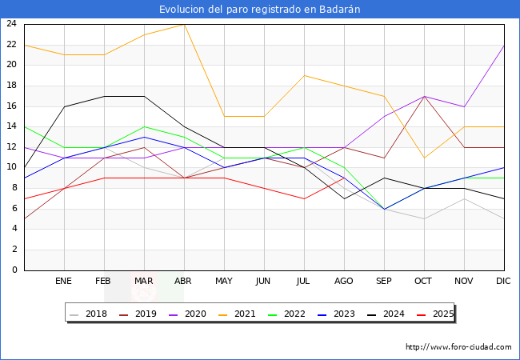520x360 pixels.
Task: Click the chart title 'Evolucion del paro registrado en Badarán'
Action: click(x=260, y=9)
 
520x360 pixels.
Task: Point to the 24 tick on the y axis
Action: click(x=12, y=24)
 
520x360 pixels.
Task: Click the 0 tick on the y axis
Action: click(x=14, y=270)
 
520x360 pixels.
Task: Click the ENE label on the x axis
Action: click(x=64, y=282)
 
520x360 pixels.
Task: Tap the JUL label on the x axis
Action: click(x=304, y=282)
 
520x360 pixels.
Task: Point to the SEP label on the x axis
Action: click(x=384, y=282)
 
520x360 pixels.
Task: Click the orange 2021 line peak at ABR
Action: click(x=184, y=24)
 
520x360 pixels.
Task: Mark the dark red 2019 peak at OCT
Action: click(x=424, y=96)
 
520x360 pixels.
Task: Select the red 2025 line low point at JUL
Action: click(x=304, y=198)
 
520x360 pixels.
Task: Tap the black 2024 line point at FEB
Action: click(x=104, y=96)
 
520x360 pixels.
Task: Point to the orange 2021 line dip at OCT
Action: click(x=424, y=158)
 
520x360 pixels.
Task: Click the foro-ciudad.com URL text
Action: click(x=458, y=347)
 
